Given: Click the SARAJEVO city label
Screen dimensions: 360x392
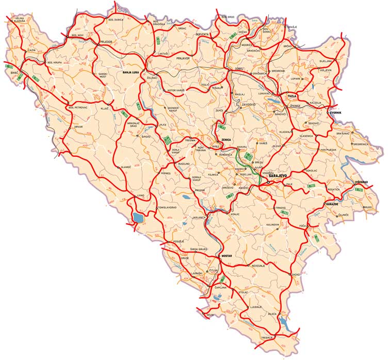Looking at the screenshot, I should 282,176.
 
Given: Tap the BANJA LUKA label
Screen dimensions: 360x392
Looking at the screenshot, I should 131,72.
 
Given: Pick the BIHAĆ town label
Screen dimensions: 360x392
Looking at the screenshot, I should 14,73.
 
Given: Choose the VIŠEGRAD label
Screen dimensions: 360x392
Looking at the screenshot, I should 362,182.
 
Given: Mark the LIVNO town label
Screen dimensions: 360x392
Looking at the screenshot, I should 140,196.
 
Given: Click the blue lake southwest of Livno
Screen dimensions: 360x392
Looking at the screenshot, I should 138,217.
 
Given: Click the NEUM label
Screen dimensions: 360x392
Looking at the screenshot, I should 209,315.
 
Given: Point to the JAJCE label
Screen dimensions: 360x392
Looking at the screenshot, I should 163,124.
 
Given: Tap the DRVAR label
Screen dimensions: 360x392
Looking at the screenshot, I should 78,126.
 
